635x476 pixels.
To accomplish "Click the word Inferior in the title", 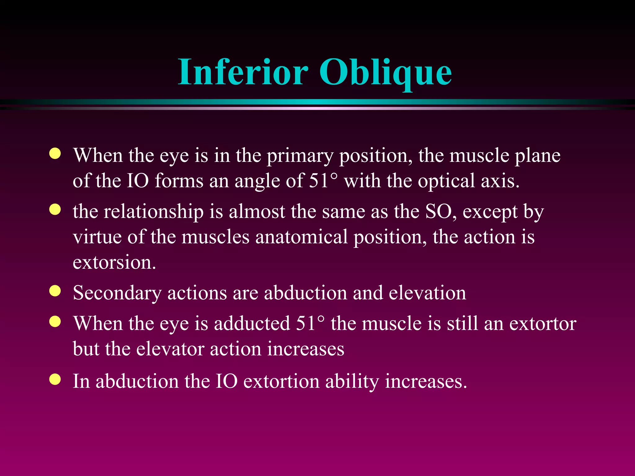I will click(x=243, y=72).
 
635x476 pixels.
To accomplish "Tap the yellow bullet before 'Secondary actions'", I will click(x=55, y=291).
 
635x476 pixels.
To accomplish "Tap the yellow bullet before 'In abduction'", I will click(x=55, y=379).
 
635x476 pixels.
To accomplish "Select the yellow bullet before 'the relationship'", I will click(x=55, y=209).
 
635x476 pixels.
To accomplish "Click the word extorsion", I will click(x=114, y=262).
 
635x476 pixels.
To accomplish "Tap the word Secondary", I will click(x=117, y=293).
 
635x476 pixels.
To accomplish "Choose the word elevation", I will click(x=427, y=293).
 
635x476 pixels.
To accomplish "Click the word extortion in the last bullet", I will click(x=281, y=381).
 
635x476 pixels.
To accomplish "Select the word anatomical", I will click(x=301, y=237).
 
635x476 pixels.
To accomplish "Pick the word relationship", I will click(x=153, y=212).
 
